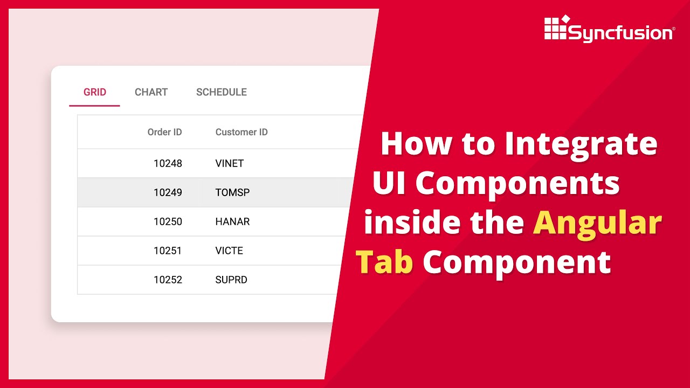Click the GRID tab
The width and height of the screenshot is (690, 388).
tap(95, 92)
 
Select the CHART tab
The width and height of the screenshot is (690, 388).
tap(151, 92)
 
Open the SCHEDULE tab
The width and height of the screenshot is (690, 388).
tap(222, 92)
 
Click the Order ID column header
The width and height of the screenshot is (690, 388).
tap(164, 132)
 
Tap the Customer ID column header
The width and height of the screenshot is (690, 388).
tap(241, 132)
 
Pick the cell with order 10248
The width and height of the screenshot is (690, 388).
tap(168, 163)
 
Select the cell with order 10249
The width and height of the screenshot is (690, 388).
tap(168, 192)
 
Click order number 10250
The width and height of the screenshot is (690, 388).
tap(168, 221)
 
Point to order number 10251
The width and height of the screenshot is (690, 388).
tap(168, 251)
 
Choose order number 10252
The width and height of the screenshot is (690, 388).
tap(168, 280)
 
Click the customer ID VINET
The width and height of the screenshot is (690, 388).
tap(230, 163)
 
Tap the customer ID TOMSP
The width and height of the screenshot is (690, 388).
tap(232, 192)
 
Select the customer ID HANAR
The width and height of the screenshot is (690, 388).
tap(232, 221)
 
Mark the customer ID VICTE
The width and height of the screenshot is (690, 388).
tap(229, 251)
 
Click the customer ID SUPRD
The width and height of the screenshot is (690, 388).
tap(231, 280)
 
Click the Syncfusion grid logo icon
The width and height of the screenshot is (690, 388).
tap(556, 28)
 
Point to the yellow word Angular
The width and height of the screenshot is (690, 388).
tap(597, 222)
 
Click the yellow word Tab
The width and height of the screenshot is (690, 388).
tap(384, 262)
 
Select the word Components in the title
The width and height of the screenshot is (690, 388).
tap(517, 183)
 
